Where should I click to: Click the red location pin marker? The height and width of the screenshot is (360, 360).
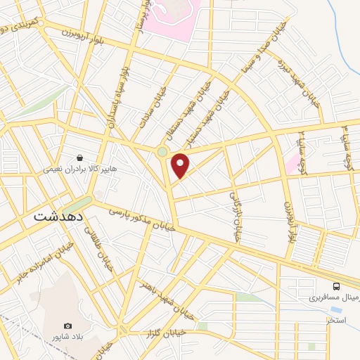(181, 166)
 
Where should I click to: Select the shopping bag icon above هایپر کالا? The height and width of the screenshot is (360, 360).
(82, 157)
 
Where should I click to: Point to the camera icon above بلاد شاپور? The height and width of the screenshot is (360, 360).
(68, 326)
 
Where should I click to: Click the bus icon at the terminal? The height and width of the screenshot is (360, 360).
(337, 286)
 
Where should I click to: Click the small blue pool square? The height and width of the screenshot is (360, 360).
(336, 309)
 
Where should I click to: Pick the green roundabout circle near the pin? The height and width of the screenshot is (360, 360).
(162, 152)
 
